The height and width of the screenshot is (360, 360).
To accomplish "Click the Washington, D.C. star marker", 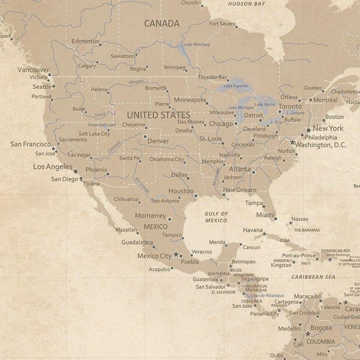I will (x=292, y=142).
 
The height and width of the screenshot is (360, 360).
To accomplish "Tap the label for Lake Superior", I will (x=236, y=86).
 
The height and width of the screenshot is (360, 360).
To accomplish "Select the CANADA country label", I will (x=162, y=23).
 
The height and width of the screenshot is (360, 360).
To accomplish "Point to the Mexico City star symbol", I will (x=176, y=254).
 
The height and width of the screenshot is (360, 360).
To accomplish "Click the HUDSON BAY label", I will (x=246, y=4).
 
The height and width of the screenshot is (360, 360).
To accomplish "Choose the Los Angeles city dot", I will (x=76, y=171).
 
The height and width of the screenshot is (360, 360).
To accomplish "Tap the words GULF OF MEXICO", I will (x=216, y=217).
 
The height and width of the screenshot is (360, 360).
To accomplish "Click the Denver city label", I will (x=158, y=141).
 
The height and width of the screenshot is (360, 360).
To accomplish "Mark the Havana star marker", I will (x=264, y=234).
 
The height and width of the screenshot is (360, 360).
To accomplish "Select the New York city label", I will (x=328, y=128).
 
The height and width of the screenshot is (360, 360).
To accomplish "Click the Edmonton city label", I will (x=85, y=41).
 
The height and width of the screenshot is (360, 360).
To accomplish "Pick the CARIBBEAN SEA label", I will (x=313, y=277).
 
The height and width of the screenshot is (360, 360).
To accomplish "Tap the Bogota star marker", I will (x=308, y=333).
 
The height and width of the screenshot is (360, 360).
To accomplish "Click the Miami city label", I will (x=265, y=215).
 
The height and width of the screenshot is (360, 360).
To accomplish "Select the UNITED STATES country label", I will (x=158, y=115).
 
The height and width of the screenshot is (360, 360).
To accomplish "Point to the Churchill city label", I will (x=191, y=3).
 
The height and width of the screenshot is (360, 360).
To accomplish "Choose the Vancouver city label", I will (x=33, y=70).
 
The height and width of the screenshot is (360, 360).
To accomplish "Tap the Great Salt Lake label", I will (x=102, y=125).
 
